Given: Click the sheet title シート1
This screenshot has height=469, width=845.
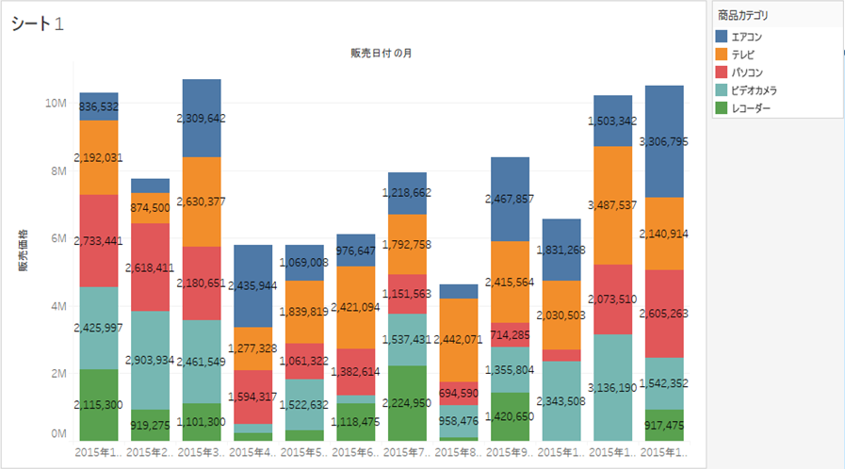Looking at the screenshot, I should (38, 24).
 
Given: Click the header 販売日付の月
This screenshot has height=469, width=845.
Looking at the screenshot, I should (380, 53).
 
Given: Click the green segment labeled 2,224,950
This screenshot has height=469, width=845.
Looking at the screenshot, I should (406, 403).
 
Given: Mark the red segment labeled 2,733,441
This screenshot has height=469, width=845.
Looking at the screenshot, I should (99, 240).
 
